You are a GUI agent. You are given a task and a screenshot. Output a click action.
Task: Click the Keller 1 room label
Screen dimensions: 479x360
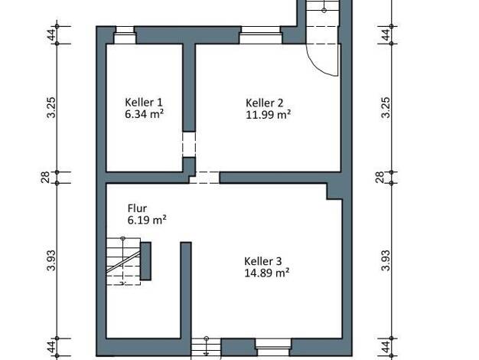click(x=144, y=102)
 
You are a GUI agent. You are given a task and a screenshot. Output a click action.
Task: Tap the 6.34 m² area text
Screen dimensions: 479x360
click(x=144, y=114)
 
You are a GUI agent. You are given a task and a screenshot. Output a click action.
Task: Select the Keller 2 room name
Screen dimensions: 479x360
click(x=264, y=103)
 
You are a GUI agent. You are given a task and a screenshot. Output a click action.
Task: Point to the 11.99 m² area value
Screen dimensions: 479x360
click(x=268, y=115)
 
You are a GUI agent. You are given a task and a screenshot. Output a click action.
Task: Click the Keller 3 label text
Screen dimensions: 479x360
click(x=262, y=261)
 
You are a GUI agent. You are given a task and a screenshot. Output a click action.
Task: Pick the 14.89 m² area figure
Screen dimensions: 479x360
click(x=267, y=273)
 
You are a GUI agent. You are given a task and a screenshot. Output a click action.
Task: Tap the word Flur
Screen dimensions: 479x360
click(x=137, y=208)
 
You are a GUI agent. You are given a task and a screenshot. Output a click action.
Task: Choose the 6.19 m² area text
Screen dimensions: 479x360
click(x=147, y=220)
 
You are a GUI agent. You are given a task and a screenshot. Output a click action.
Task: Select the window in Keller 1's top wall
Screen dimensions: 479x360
click(x=125, y=35)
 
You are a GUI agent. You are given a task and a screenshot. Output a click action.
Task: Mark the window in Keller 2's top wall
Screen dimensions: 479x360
click(x=261, y=35)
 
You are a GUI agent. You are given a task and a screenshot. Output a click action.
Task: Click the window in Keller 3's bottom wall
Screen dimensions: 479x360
click(x=273, y=348)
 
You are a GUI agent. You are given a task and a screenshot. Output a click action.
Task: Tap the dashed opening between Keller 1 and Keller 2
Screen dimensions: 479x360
click(x=189, y=144)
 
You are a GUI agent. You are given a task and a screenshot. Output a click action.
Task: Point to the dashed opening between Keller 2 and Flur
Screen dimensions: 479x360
click(x=204, y=178)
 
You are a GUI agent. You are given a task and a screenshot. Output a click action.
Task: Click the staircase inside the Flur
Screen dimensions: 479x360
click(x=123, y=261)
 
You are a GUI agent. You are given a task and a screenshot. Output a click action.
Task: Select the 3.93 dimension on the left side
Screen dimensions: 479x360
click(x=51, y=260)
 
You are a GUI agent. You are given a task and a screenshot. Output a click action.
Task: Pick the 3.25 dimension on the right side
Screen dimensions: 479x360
click(x=386, y=107)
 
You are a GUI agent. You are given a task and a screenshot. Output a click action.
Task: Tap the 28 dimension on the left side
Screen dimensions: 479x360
click(x=45, y=178)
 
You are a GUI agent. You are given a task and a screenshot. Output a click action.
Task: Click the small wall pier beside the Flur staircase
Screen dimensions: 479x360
click(x=145, y=261)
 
